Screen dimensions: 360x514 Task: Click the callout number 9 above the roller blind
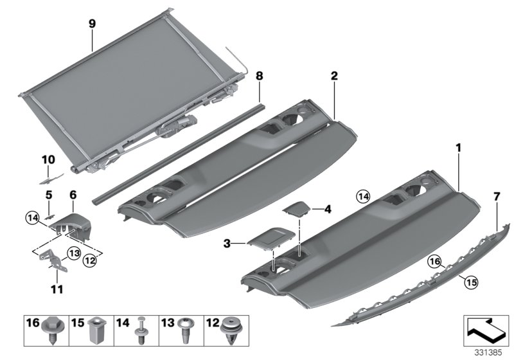click(x=92, y=24)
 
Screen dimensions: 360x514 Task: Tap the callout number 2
click(x=334, y=75)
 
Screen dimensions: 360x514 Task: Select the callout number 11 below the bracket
click(x=57, y=289)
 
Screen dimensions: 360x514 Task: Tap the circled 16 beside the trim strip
click(x=435, y=262)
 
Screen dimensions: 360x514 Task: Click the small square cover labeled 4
click(x=296, y=209)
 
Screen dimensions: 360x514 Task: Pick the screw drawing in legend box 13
click(x=187, y=333)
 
